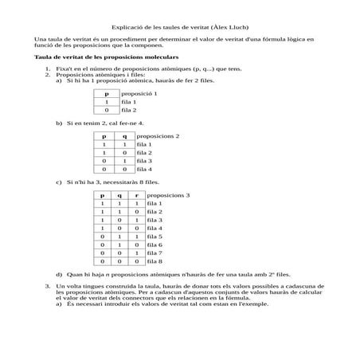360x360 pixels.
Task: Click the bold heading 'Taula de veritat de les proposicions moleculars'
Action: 107,58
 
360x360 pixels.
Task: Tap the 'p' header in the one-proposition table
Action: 106,93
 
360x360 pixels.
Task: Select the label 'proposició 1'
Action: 139,93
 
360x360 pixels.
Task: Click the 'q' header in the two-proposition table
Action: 123,135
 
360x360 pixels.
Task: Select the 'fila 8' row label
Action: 155,260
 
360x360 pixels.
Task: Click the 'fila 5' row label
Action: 155,237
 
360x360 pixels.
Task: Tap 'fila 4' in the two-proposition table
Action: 143,169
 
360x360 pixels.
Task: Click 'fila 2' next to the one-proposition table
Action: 129,110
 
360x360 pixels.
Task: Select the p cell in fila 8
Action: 102,260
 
